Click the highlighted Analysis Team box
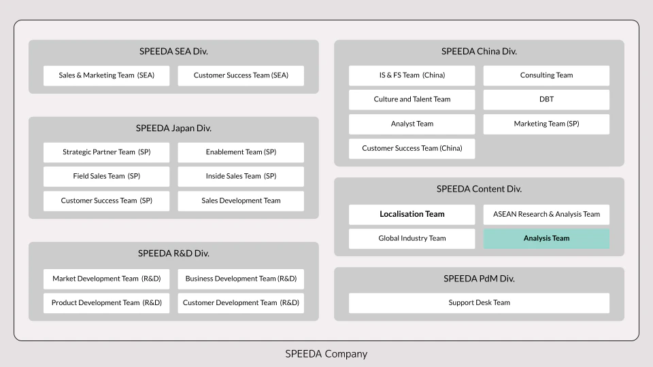point(546,239)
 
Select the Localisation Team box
point(412,214)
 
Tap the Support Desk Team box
point(479,303)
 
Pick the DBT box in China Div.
point(546,99)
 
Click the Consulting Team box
point(546,75)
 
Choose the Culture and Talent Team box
point(412,99)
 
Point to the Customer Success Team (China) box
point(412,149)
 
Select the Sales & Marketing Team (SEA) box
point(106,75)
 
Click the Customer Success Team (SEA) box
point(241,75)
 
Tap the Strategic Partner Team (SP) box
point(106,152)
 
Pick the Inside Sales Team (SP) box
point(241,177)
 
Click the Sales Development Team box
point(241,201)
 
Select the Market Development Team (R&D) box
point(106,279)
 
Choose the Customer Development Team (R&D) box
point(241,303)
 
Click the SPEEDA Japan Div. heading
point(173,128)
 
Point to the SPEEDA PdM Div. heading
point(479,279)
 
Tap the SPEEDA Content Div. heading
point(479,189)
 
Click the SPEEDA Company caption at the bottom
point(326,354)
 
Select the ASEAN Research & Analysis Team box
point(546,214)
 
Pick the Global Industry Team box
point(412,239)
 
